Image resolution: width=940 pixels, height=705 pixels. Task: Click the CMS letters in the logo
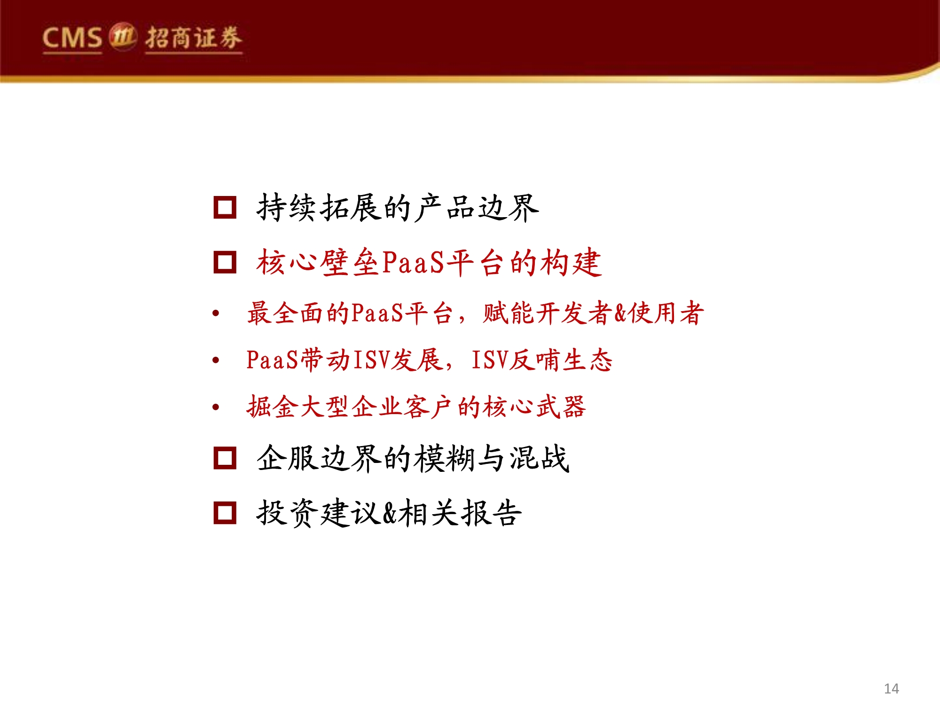(72, 38)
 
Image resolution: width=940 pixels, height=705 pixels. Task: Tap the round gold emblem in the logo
(123, 36)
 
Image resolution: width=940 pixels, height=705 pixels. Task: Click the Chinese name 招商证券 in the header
(194, 38)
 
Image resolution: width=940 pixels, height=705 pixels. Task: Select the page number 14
(891, 689)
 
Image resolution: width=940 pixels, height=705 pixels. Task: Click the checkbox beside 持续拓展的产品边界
(225, 208)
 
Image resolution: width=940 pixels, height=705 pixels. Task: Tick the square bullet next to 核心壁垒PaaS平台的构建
(225, 262)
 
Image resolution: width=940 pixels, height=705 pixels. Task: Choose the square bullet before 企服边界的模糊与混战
(225, 458)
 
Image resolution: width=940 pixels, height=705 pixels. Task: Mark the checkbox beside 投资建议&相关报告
(225, 512)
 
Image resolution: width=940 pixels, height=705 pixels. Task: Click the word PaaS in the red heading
(413, 263)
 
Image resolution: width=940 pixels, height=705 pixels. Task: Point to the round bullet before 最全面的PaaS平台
(216, 313)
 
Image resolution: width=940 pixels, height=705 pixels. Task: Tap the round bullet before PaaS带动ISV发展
(216, 360)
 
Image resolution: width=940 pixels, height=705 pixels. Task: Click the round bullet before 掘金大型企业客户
(216, 407)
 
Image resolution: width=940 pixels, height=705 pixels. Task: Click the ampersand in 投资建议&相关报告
(390, 513)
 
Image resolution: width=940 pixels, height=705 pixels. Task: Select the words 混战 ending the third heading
(539, 458)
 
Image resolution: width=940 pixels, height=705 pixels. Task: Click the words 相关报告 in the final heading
(460, 512)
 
